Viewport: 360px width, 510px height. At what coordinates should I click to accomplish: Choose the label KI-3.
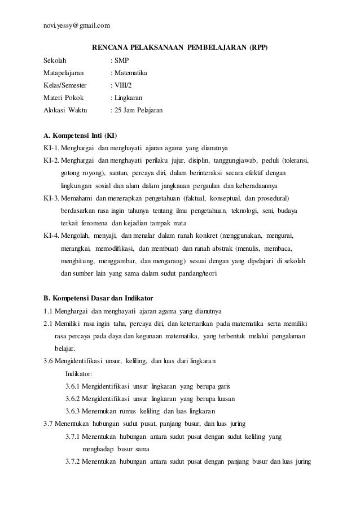51,199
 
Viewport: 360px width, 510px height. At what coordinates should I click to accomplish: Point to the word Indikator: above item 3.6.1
81,374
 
